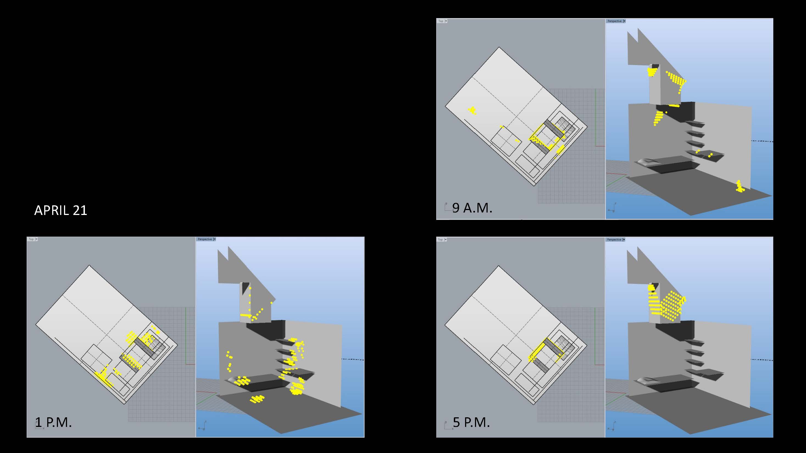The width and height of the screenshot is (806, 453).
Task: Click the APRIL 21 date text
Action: (x=60, y=210)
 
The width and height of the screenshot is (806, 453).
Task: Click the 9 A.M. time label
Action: (x=472, y=208)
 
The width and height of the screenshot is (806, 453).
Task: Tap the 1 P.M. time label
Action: (x=53, y=422)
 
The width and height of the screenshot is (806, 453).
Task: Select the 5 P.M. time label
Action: (x=471, y=422)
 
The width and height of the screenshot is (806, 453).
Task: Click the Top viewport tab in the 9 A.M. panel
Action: (x=441, y=21)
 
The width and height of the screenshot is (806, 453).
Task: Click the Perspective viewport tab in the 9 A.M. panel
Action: (x=615, y=21)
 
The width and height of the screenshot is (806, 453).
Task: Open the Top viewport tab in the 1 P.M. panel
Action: (x=31, y=239)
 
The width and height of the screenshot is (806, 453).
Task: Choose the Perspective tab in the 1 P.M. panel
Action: (x=205, y=239)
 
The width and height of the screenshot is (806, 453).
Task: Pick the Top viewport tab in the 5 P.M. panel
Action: (x=441, y=239)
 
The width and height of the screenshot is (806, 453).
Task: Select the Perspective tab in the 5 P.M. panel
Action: (x=614, y=239)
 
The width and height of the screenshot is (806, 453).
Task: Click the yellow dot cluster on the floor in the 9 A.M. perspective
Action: (x=740, y=186)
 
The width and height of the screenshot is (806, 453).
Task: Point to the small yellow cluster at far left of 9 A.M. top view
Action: (x=472, y=110)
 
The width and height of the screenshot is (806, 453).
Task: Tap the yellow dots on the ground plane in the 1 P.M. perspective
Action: (x=257, y=399)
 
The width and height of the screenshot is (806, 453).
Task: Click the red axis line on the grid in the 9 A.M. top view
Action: (x=600, y=146)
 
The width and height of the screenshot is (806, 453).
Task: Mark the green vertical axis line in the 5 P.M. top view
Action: (x=595, y=334)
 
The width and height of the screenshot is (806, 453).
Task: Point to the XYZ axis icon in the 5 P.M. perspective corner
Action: (x=612, y=426)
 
